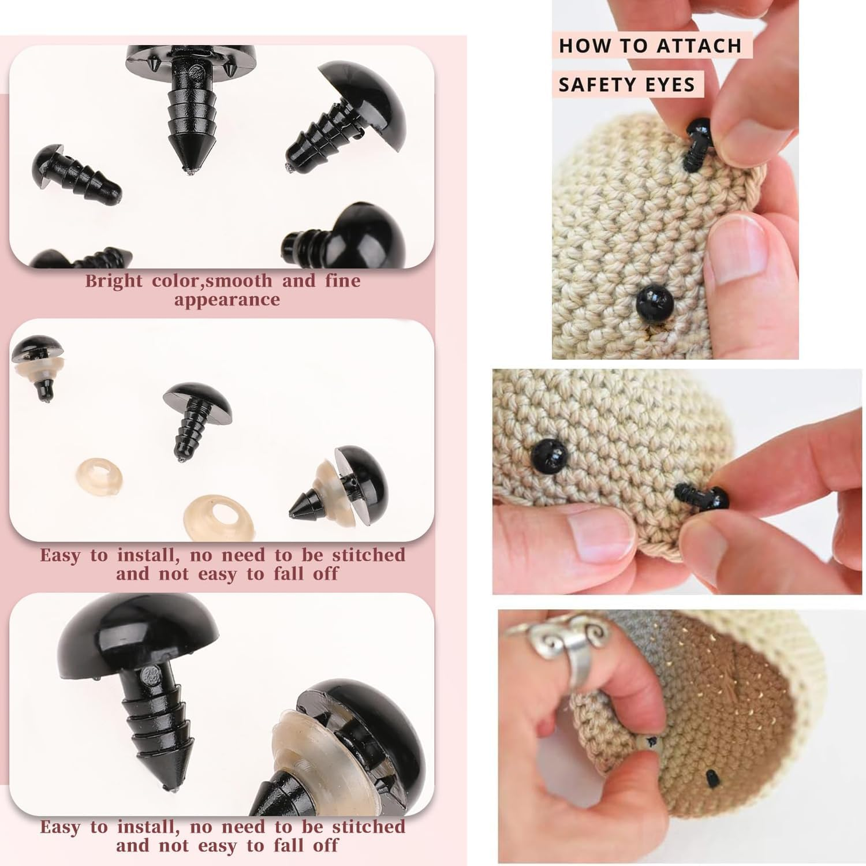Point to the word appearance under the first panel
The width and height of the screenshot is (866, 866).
tap(227, 300)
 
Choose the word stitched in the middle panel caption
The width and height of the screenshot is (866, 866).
tap(368, 555)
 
